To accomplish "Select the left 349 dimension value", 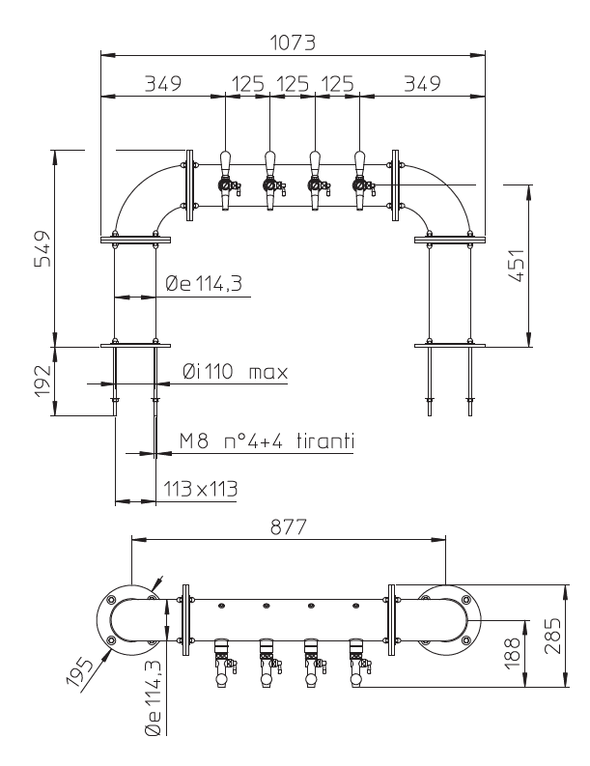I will pyautogui.click(x=164, y=83).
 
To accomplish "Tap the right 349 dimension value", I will pyautogui.click(x=420, y=83).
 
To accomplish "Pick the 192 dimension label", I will pyautogui.click(x=42, y=382).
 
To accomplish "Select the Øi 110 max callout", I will pyautogui.click(x=235, y=371).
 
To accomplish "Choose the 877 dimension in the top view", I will pyautogui.click(x=288, y=527).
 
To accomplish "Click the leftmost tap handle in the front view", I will pyautogui.click(x=225, y=160).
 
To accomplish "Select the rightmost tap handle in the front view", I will pyautogui.click(x=359, y=160).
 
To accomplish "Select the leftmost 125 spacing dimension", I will pyautogui.click(x=247, y=83).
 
